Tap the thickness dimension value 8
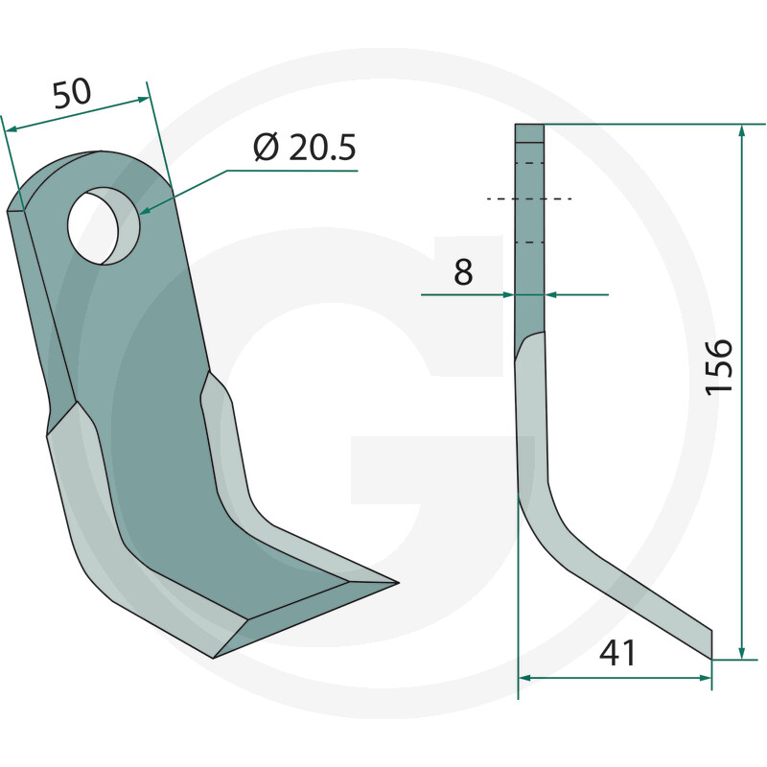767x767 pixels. click(x=463, y=272)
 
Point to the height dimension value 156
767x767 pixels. click(x=719, y=365)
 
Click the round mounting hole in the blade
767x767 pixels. click(x=104, y=227)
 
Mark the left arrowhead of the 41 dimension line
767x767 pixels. click(x=524, y=678)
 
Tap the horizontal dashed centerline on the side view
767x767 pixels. click(x=529, y=199)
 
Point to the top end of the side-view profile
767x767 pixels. click(x=529, y=127)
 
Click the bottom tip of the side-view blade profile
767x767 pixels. click(x=710, y=656)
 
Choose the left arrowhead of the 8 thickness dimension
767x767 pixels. click(x=510, y=295)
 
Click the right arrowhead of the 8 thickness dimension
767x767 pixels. click(x=549, y=295)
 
